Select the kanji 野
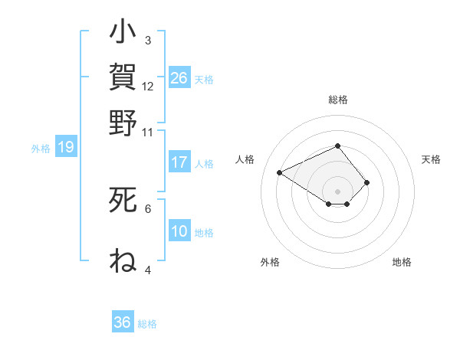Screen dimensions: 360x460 123,123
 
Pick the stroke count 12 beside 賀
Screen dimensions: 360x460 148,86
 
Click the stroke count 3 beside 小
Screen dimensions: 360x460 147,41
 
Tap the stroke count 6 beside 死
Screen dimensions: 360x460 147,208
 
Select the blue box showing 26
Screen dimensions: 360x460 179,78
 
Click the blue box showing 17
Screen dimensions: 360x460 179,162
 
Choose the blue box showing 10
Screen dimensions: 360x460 179,231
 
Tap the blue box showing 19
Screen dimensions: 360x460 66,147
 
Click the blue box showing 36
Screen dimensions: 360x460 122,322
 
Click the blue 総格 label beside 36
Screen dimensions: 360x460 147,324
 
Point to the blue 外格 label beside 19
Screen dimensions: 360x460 41,149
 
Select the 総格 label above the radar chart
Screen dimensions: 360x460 337,100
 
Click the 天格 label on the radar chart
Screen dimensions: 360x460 431,159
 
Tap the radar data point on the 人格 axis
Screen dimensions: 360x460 280,172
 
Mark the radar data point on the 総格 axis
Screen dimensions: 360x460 337,146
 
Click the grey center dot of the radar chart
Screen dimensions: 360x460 337,191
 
